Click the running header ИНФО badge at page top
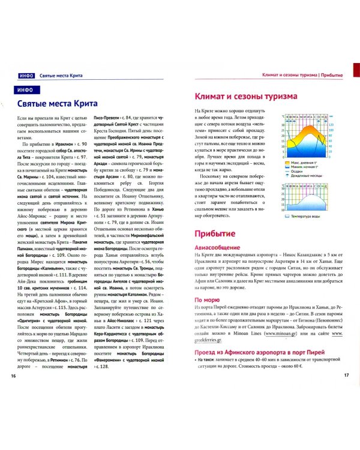point(25,76)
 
